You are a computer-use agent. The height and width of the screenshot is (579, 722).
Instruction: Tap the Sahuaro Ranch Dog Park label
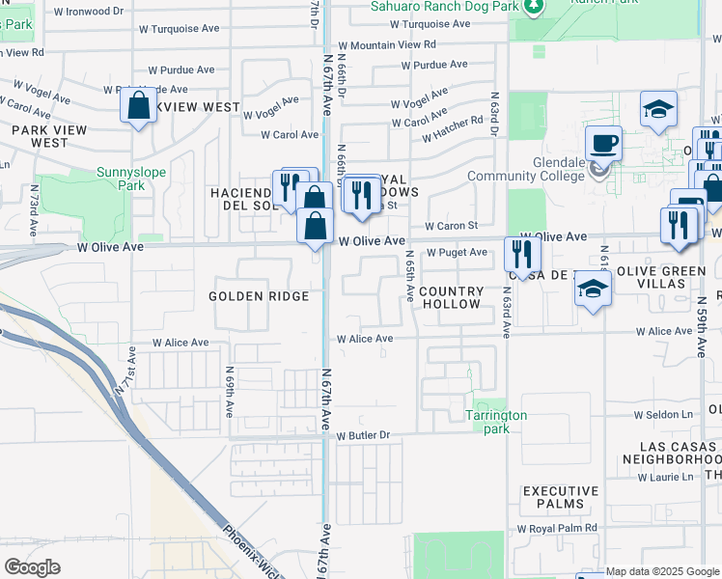point(444,6)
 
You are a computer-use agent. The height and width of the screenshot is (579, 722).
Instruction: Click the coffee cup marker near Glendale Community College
point(603,144)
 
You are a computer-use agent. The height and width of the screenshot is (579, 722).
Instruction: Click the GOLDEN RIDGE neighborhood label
point(259,296)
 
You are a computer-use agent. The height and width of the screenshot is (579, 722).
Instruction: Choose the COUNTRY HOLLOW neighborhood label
point(450,297)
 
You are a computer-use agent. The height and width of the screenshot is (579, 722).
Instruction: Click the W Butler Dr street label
point(363,435)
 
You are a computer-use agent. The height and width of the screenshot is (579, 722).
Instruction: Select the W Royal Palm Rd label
point(557,529)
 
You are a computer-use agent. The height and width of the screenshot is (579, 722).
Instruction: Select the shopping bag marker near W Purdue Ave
point(139,106)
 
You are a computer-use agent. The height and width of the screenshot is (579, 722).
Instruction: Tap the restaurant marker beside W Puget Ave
point(522,255)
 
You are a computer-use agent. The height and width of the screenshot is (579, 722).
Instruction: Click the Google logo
point(33,567)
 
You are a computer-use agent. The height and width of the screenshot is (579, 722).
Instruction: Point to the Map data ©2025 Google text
point(662,571)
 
